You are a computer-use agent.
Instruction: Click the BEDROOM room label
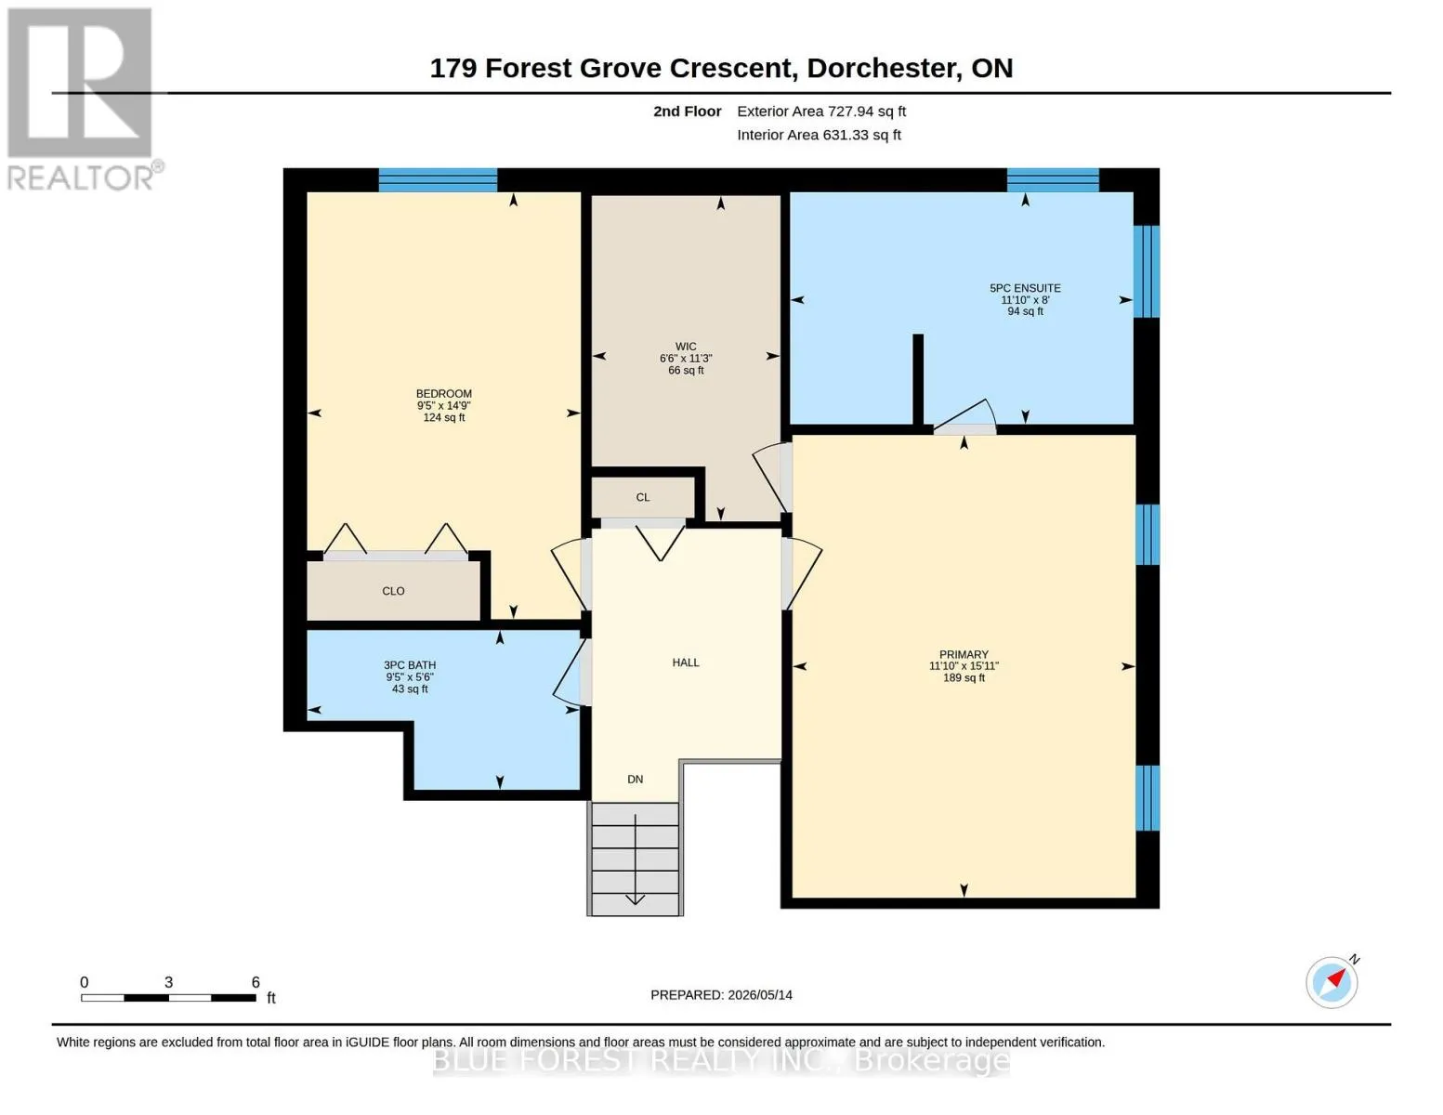coord(443,394)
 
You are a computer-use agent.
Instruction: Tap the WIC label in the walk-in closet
coord(686,347)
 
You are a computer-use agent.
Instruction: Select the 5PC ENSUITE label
coord(1025,288)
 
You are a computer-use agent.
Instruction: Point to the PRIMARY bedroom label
coord(964,654)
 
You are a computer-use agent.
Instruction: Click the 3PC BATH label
coord(410,664)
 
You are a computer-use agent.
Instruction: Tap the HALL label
coord(686,662)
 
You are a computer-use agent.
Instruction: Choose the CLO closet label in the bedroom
coord(393,591)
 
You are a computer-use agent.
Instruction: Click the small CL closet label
coord(642,497)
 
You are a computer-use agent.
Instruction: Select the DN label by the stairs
coord(635,779)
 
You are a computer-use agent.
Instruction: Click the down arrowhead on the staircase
coord(635,899)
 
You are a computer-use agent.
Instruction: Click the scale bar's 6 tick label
coord(255,982)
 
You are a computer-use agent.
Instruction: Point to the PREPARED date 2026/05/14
coord(760,995)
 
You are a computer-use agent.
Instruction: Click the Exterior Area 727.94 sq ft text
coord(821,111)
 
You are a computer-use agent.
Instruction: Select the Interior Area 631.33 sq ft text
coord(819,135)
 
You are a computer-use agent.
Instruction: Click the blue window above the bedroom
coord(438,180)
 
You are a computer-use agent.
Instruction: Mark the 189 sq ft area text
coord(964,678)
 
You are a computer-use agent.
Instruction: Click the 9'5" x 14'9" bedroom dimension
coord(443,406)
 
